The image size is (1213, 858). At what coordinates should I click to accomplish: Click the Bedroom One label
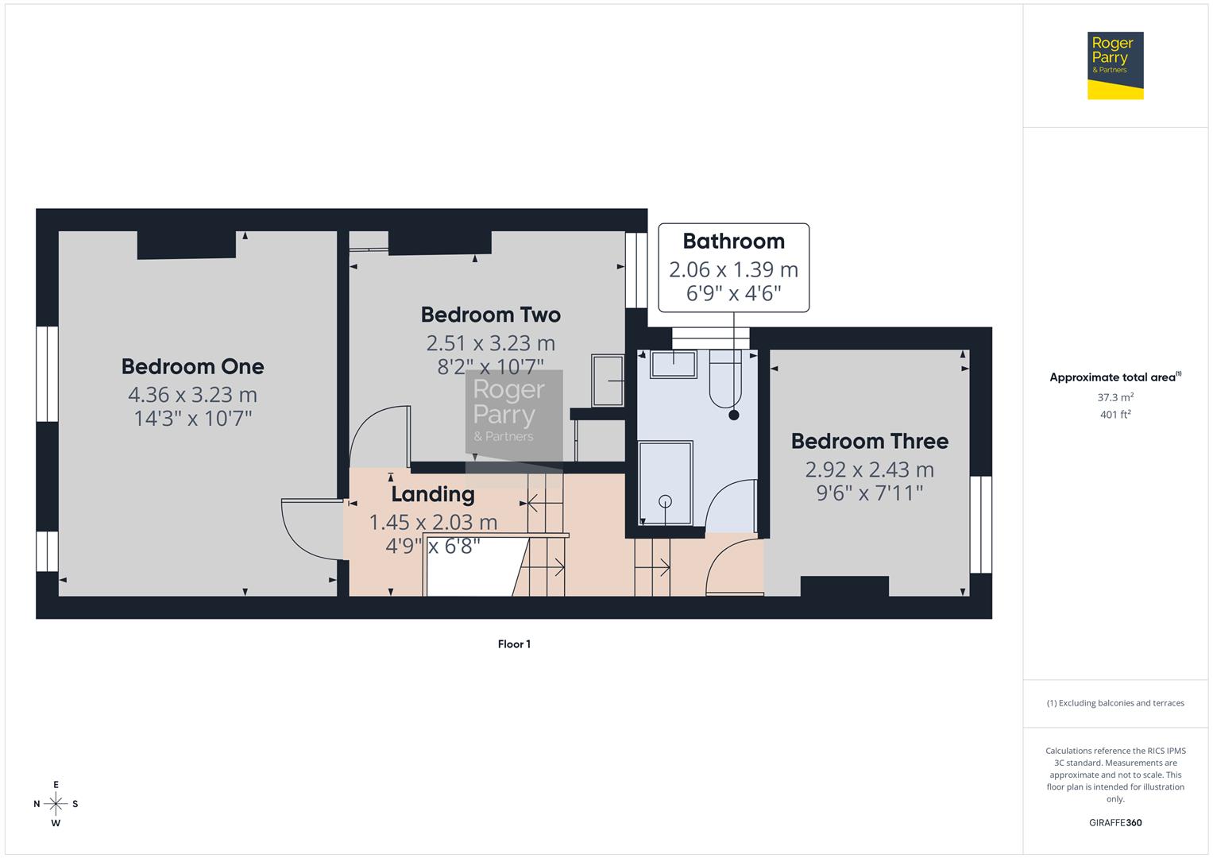pos(192,366)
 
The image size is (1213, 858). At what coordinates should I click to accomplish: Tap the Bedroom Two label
pos(490,315)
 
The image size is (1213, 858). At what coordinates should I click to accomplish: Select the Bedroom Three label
pos(869,441)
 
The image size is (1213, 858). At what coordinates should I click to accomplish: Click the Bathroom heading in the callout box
pos(733,242)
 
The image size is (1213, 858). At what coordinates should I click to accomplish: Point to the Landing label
pos(432,494)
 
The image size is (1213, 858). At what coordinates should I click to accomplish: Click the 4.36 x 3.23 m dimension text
pos(192,395)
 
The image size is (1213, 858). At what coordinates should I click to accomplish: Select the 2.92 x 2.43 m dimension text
pos(869,470)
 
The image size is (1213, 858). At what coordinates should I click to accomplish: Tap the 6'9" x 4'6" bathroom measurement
pos(733,294)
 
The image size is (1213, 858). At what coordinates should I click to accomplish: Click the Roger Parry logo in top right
pos(1114,65)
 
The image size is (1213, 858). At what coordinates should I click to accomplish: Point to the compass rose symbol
pos(56,803)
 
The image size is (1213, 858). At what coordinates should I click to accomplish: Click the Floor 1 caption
pos(514,644)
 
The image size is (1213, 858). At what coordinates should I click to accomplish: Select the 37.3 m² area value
pos(1115,397)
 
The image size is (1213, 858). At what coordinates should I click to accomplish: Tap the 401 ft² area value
pos(1115,415)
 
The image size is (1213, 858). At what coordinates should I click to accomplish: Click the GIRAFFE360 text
pos(1115,823)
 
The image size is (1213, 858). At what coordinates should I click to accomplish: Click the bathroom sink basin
pos(674,365)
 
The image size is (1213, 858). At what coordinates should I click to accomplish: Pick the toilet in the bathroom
pos(724,381)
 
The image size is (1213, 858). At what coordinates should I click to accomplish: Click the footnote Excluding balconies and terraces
pos(1115,703)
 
